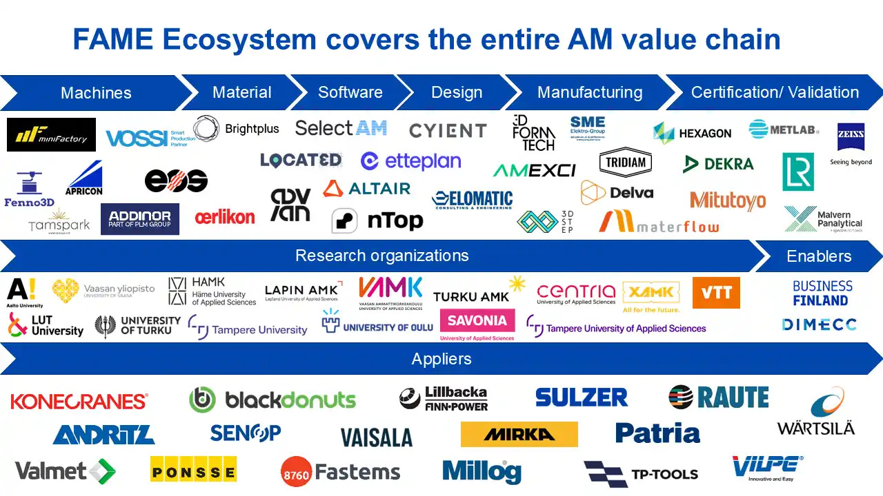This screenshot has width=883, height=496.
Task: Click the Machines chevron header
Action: pos(96,93)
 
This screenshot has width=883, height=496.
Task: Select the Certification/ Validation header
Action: pos(775,92)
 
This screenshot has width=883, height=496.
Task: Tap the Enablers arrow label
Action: pos(819,256)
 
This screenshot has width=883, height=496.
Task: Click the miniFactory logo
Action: pos(51,134)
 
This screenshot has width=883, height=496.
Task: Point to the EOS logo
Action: pos(176,180)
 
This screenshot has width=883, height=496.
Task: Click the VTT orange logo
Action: pos(716,293)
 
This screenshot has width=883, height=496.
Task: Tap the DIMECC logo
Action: pos(820,324)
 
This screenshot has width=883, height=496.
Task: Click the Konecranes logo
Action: pos(79,401)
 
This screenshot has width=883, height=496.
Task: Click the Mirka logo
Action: pos(519,434)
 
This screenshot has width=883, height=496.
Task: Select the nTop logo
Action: pos(377,220)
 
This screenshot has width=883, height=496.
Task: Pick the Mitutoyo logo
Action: pos(728,200)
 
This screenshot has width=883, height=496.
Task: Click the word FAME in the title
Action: pos(113,40)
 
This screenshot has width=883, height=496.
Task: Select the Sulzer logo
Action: pos(581,397)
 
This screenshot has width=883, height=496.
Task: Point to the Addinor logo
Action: pos(140,219)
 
